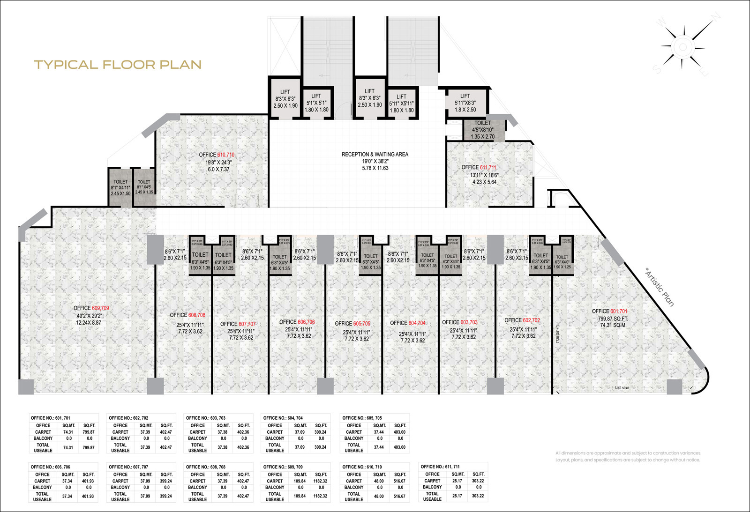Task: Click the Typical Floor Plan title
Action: [x=118, y=65]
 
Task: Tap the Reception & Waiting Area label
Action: [x=375, y=154]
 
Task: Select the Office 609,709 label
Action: [x=91, y=308]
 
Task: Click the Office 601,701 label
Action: [x=609, y=311]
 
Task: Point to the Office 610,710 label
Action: [x=217, y=155]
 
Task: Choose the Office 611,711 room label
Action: [x=479, y=167]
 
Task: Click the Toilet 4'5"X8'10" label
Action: [x=482, y=130]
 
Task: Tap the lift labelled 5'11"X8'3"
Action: [x=465, y=103]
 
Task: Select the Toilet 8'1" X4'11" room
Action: [x=120, y=187]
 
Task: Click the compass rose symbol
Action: [x=682, y=46]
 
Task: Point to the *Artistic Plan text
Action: [x=660, y=287]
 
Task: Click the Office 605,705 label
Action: [x=352, y=324]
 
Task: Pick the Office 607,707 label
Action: [x=238, y=324]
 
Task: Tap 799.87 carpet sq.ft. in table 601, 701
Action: [x=89, y=432]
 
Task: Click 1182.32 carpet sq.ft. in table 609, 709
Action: [x=320, y=481]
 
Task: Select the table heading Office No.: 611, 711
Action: [x=440, y=467]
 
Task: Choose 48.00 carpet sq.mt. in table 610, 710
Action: [x=379, y=481]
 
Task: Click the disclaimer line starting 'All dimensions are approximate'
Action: [x=628, y=453]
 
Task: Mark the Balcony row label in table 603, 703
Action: [x=197, y=438]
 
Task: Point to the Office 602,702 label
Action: [x=522, y=320]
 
